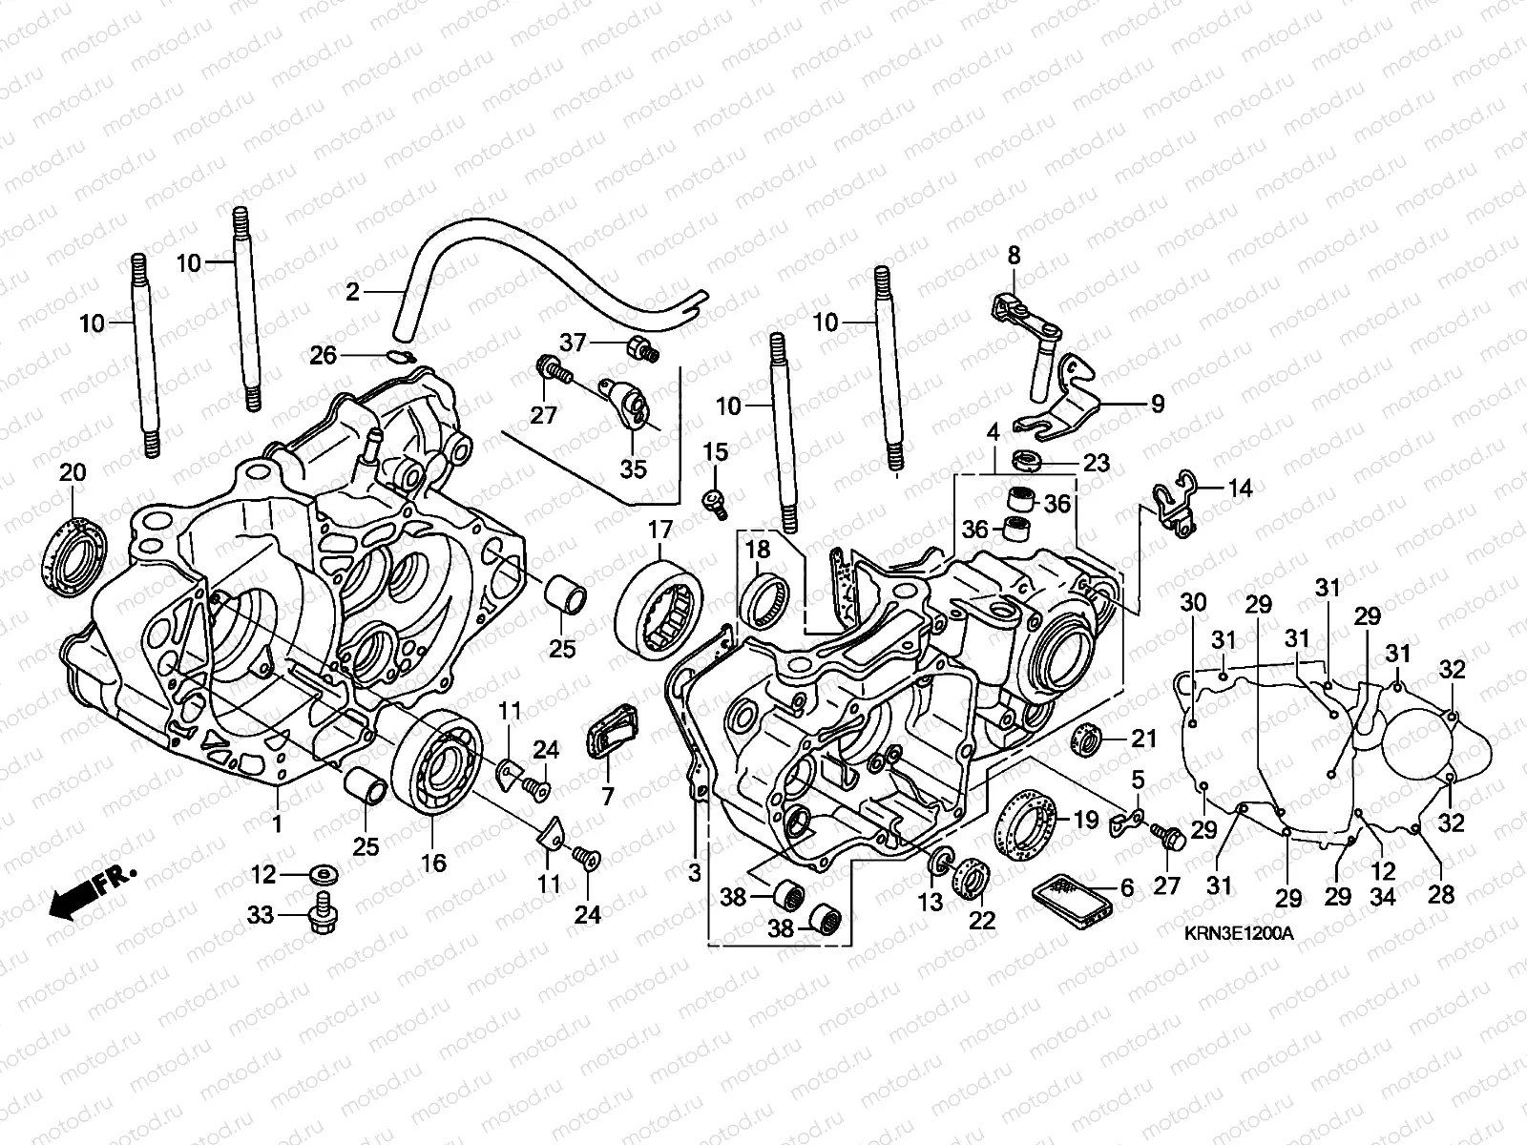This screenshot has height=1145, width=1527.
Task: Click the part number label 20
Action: point(73,472)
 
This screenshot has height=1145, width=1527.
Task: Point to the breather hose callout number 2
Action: point(353,292)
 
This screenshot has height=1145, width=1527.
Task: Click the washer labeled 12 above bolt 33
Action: point(321,873)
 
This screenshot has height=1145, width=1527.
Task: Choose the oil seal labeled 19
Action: point(1026,824)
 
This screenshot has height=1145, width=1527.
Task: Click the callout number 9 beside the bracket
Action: point(1158,404)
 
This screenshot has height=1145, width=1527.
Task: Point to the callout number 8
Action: point(1014,256)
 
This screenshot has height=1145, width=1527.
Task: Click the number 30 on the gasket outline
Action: point(1193,603)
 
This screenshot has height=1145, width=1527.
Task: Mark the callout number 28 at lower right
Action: point(1440,895)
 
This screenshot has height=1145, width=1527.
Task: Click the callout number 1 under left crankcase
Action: point(278,822)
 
